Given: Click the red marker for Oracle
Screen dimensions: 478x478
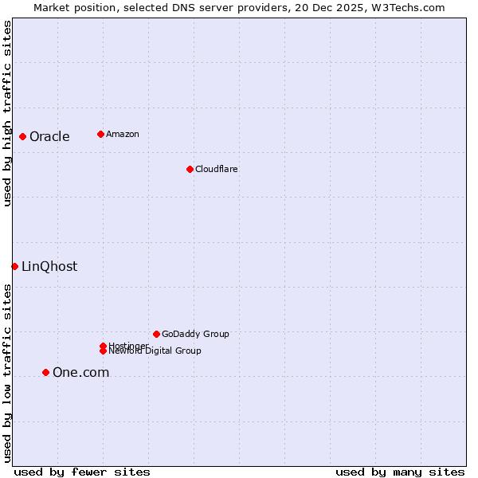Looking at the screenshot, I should (x=22, y=136).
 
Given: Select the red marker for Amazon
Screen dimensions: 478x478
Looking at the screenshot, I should (x=100, y=134).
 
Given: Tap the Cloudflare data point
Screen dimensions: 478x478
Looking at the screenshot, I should (x=190, y=169).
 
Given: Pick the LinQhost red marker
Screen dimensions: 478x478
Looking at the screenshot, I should (x=14, y=266).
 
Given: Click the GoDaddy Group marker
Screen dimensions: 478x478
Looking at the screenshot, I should (x=156, y=334).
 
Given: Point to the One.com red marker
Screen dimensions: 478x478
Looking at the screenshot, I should (x=45, y=372).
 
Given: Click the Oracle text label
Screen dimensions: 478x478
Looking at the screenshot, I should (x=49, y=136).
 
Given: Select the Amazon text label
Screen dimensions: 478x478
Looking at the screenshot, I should (x=122, y=134).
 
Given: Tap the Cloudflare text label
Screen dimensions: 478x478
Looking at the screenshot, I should (x=216, y=169).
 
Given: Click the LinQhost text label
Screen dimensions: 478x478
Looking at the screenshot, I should (x=49, y=266).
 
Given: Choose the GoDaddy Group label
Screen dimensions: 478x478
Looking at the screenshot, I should (x=195, y=334).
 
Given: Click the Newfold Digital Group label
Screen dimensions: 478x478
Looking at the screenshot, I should (x=155, y=351).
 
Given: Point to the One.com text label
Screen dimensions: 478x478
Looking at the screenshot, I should (x=80, y=372).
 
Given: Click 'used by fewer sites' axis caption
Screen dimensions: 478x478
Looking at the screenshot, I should (x=82, y=472).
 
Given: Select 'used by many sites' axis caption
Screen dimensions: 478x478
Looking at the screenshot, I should (x=400, y=472).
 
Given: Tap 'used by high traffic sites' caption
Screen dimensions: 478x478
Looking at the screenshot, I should (x=7, y=113).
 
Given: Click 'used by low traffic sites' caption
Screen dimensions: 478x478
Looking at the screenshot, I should (x=7, y=373).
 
